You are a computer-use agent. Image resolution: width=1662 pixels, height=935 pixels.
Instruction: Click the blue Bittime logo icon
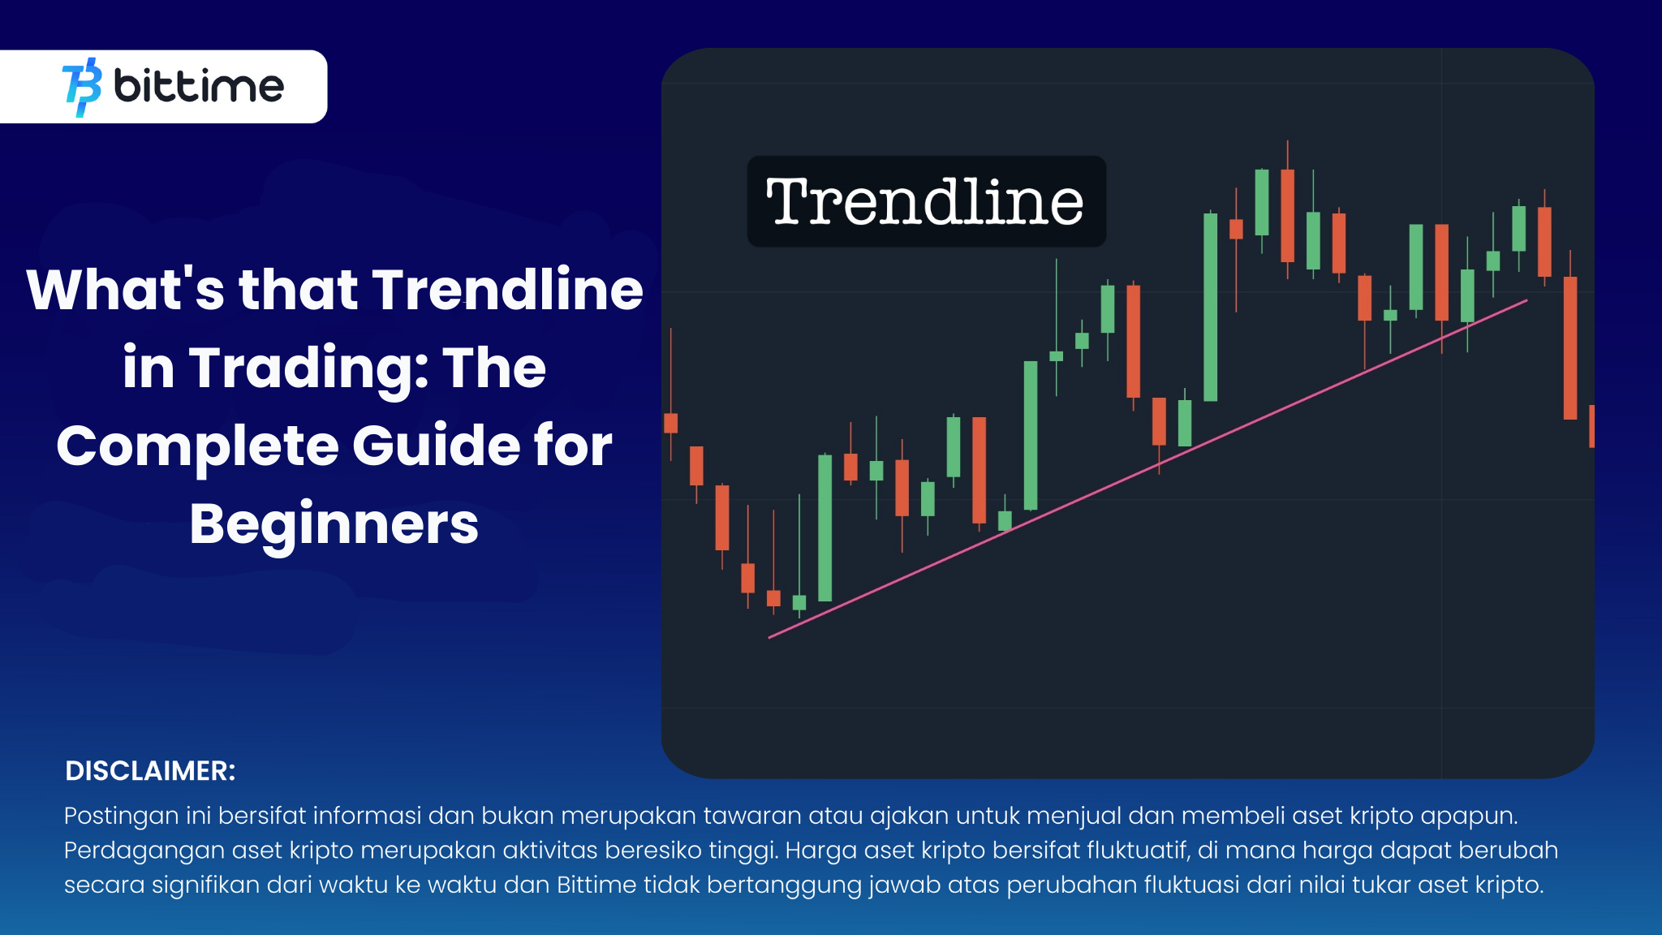point(82,87)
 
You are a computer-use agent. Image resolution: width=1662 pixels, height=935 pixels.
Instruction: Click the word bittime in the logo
point(199,86)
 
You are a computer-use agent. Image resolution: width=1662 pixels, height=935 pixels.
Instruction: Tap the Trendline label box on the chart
point(926,201)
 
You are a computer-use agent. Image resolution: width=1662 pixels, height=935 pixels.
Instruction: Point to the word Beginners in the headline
point(334,524)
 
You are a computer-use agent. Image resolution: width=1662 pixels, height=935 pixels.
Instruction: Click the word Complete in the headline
point(197,446)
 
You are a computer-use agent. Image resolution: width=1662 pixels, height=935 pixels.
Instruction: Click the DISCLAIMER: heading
point(150,771)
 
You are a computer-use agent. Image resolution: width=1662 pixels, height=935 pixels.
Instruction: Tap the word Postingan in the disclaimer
point(120,816)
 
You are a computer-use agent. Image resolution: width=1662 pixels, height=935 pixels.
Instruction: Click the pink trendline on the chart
point(1152,467)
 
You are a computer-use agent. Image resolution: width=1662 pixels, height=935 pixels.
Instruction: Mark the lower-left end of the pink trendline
point(770,637)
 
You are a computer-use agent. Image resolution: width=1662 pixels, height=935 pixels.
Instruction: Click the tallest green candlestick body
point(1210,307)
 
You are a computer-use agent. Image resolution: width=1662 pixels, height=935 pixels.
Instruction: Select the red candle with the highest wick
point(1287,215)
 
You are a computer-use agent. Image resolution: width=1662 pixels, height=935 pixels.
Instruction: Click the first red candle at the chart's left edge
point(670,423)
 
